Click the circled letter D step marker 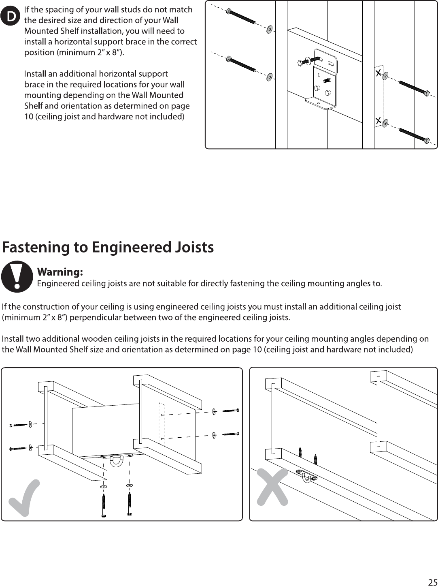pyautogui.click(x=10, y=16)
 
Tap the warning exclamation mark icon pyautogui.click(x=17, y=276)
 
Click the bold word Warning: pyautogui.click(x=60, y=272)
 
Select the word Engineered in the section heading pyautogui.click(x=132, y=248)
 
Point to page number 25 pyautogui.click(x=433, y=580)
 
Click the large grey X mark pyautogui.click(x=272, y=487)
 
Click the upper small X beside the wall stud pyautogui.click(x=378, y=73)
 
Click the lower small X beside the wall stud pyautogui.click(x=378, y=121)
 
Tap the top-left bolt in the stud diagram pyautogui.click(x=241, y=17)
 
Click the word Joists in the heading pyautogui.click(x=194, y=248)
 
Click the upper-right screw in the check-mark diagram pyautogui.click(x=230, y=411)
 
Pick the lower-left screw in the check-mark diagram pyautogui.click(x=18, y=449)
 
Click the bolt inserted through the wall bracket pyautogui.click(x=309, y=61)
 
